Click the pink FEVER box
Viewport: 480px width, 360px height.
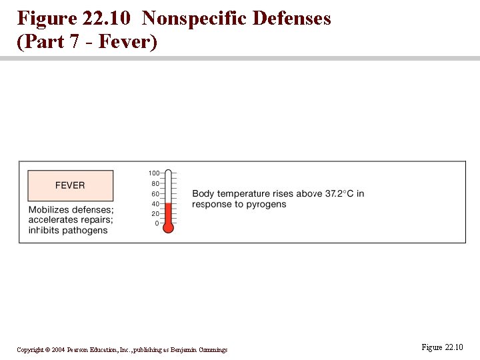pos(70,185)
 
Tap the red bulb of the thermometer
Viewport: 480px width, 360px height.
pos(168,227)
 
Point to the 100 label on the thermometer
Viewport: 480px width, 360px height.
pos(154,173)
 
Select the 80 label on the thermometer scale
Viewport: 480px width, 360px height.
pos(155,183)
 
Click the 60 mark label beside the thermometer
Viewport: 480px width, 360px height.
pos(155,193)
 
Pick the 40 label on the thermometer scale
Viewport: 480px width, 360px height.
pos(155,203)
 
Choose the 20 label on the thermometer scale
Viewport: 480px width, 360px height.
pos(155,213)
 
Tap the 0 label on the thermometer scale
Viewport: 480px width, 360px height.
pos(157,223)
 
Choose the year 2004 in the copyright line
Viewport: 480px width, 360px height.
pos(58,350)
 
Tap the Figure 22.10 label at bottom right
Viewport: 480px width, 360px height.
pos(442,347)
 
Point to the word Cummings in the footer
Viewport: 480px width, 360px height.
pos(212,350)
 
